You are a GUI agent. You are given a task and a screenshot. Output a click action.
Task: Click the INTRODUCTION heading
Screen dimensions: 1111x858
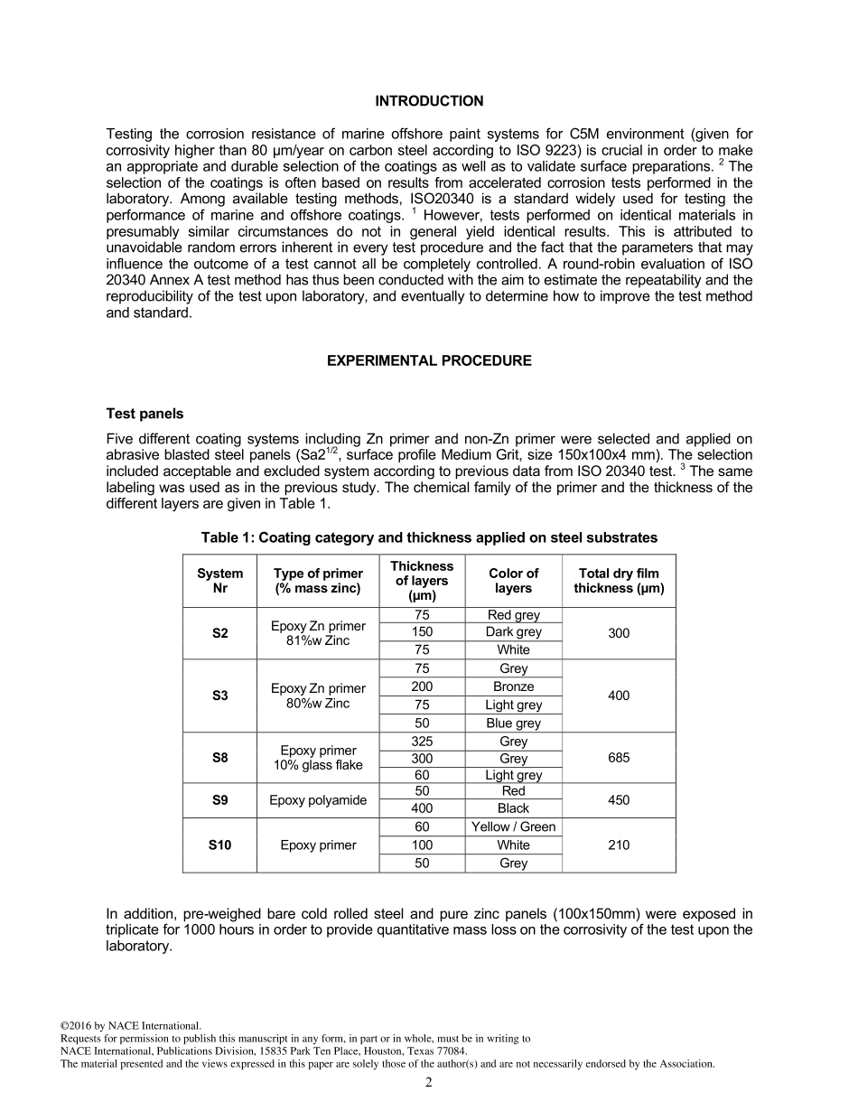pos(429,101)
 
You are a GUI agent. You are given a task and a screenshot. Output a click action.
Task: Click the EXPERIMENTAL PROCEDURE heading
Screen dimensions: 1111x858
pos(429,360)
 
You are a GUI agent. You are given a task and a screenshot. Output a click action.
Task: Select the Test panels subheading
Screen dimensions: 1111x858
pos(145,414)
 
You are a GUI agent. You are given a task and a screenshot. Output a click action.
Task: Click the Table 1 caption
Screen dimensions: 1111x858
pos(429,537)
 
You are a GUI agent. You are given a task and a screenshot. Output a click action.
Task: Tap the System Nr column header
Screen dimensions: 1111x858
pos(219,581)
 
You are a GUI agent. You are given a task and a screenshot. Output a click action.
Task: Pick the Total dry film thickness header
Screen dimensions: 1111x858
pos(619,581)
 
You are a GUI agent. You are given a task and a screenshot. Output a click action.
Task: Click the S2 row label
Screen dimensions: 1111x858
pos(219,633)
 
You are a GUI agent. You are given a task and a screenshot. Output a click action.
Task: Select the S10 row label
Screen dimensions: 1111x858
pos(219,845)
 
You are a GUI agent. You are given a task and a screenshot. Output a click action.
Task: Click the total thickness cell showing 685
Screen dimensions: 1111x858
pos(619,758)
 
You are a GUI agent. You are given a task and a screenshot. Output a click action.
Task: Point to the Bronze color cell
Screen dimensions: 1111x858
pos(513,686)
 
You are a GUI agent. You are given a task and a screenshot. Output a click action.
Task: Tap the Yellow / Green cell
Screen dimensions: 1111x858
pos(513,827)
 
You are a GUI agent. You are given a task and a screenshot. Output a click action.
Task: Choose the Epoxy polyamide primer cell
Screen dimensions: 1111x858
pos(318,800)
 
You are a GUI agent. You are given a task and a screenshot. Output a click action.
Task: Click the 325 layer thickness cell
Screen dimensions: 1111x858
pos(422,742)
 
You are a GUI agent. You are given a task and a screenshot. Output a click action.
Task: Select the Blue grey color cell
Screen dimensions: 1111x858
pos(513,724)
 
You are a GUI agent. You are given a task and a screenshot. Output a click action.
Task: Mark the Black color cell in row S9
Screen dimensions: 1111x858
pos(513,808)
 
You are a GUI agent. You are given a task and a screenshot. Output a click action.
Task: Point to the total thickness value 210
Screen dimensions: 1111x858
pos(619,845)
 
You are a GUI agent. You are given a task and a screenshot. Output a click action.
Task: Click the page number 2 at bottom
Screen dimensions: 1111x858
pos(429,1083)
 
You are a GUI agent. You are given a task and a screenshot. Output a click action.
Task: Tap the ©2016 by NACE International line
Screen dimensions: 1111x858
pos(130,1026)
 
